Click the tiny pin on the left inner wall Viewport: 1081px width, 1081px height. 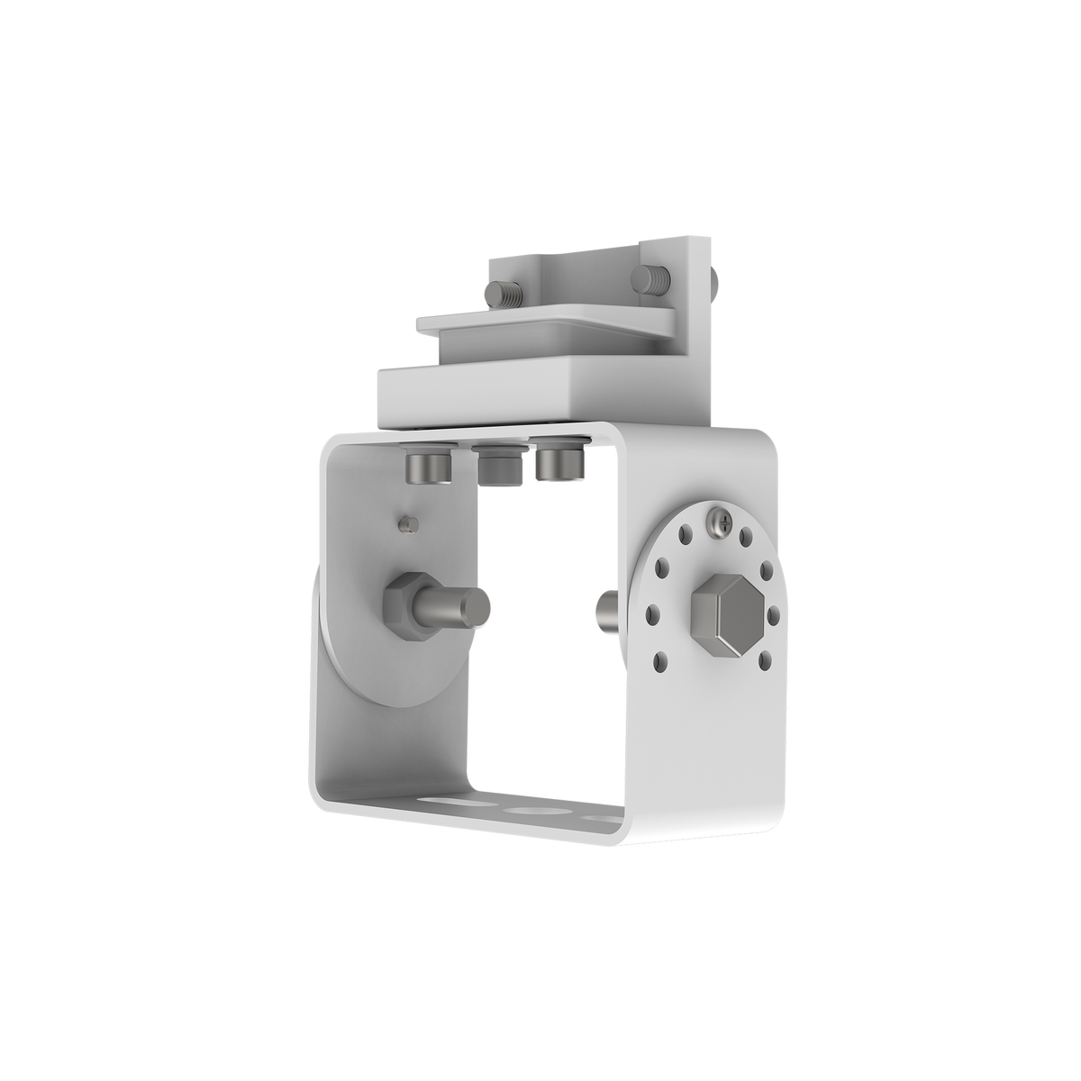(407, 522)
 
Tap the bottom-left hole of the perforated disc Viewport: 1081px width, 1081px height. (664, 662)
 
